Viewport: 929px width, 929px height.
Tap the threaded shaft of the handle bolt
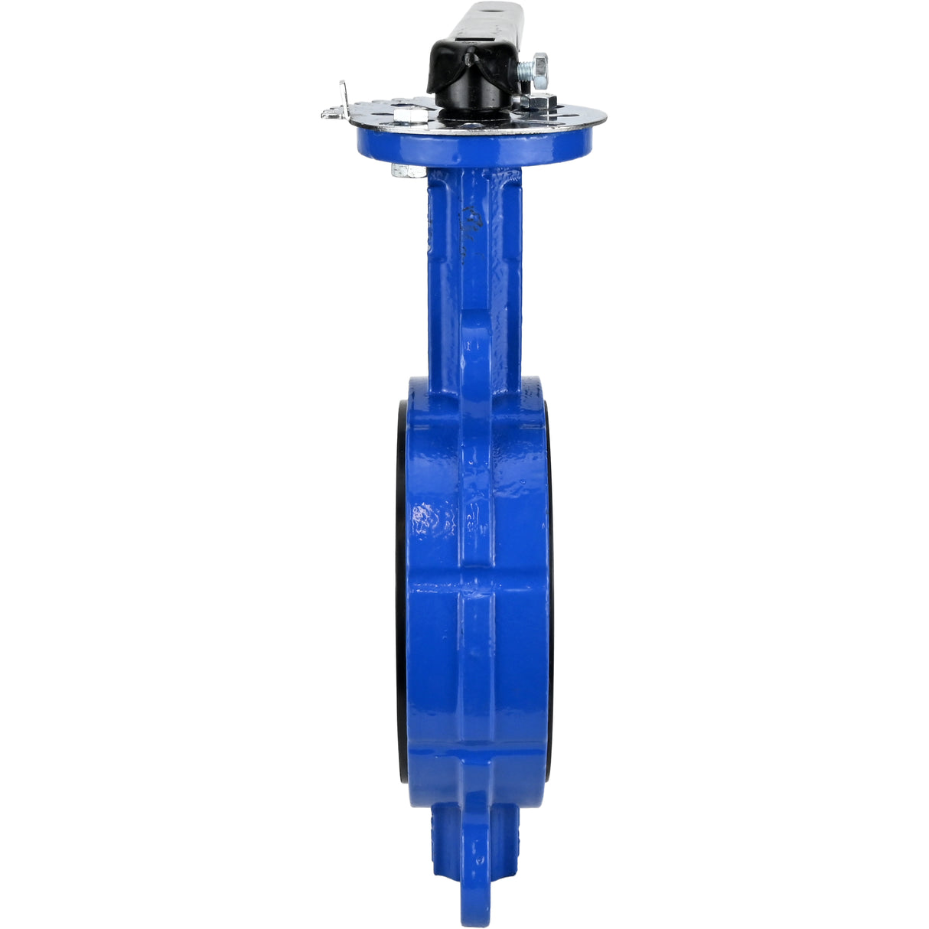pos(526,72)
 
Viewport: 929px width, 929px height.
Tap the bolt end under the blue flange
pos(406,170)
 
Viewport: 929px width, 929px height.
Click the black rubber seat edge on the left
pos(401,582)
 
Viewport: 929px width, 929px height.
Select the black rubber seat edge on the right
pos(549,582)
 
